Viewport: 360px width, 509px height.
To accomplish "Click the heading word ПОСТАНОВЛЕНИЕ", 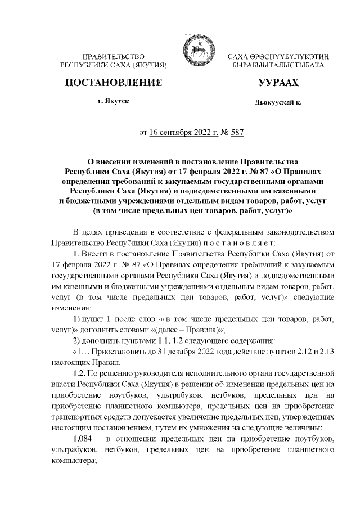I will click(x=114, y=83).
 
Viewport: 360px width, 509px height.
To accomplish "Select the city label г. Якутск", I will click(x=113, y=101).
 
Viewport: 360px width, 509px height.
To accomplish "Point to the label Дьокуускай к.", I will click(x=278, y=102).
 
